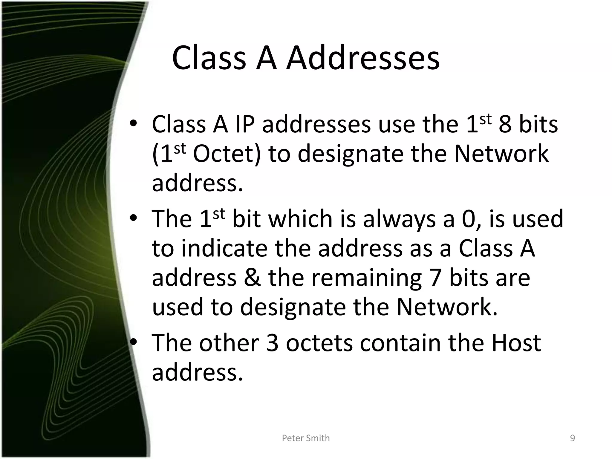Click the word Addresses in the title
click(363, 58)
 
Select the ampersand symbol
click(252, 278)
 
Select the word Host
click(516, 343)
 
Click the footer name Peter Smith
click(306, 438)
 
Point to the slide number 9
click(572, 438)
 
